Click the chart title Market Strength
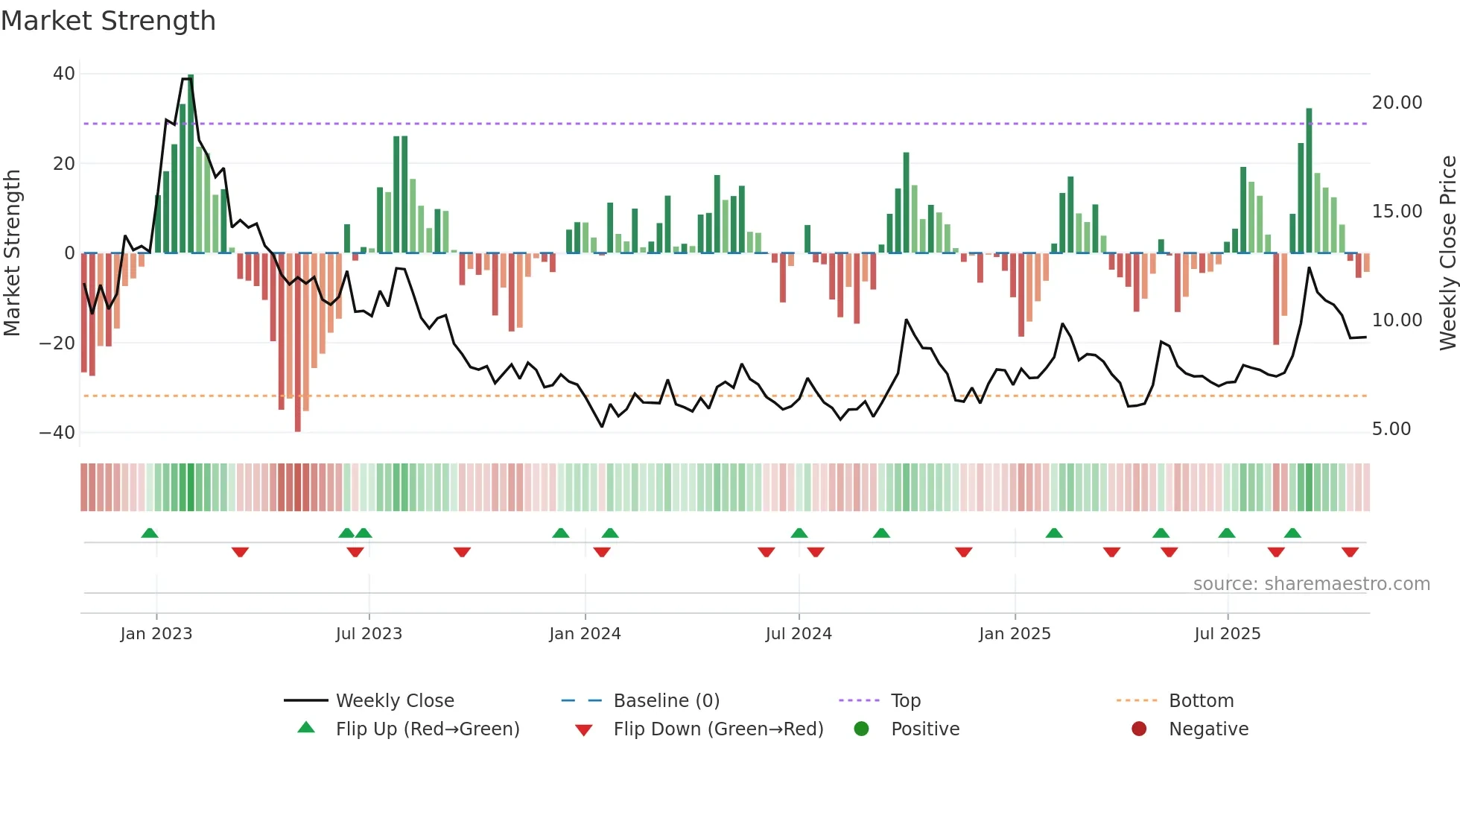(x=108, y=21)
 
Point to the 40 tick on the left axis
(x=64, y=74)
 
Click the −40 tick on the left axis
(x=57, y=432)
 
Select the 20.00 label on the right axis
(x=1397, y=103)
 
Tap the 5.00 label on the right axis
(x=1391, y=429)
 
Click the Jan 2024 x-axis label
(x=585, y=634)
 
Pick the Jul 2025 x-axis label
(x=1227, y=634)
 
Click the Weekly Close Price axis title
(x=1447, y=253)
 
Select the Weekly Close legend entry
(x=394, y=701)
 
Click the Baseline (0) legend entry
(x=666, y=701)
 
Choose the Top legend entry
(x=905, y=701)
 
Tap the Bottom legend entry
(x=1201, y=701)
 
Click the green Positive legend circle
(x=862, y=729)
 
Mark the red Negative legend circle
(x=1139, y=729)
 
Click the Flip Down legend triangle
(x=584, y=730)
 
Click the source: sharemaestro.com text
(x=1311, y=584)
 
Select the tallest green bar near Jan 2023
(x=191, y=164)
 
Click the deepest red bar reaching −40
(x=298, y=343)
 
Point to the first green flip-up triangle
(x=150, y=533)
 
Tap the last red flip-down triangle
(x=1350, y=552)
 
